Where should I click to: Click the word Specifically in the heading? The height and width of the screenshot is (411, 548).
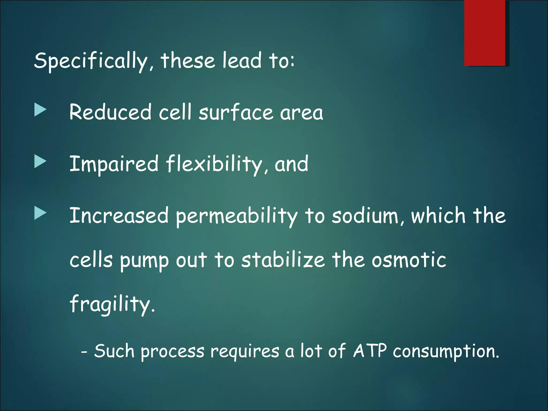pyautogui.click(x=91, y=61)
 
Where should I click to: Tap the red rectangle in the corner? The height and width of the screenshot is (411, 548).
pyautogui.click(x=484, y=33)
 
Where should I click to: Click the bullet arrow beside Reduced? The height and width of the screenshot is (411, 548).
pyautogui.click(x=40, y=110)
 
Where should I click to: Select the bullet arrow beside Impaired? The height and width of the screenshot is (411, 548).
pyautogui.click(x=40, y=162)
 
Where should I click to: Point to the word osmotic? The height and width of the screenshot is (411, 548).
pyautogui.click(x=409, y=260)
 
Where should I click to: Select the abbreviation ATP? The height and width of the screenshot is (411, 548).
pyautogui.click(x=370, y=351)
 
